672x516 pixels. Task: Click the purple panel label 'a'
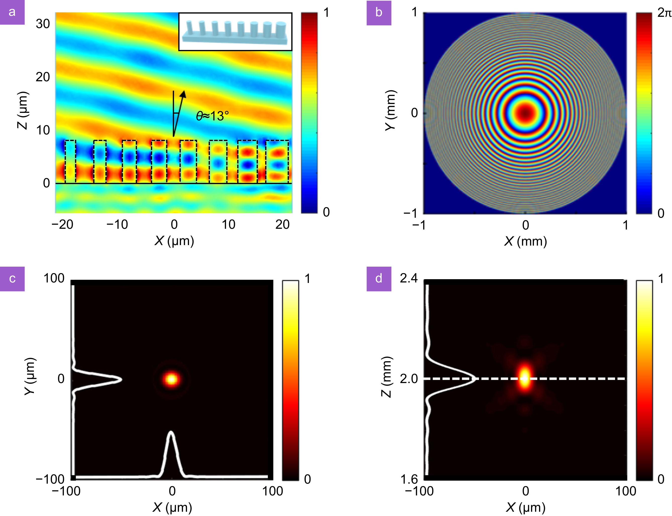[x=12, y=12]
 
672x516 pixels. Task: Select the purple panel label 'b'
[x=379, y=13]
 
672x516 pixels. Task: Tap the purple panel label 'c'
[x=12, y=279]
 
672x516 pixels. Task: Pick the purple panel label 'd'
[x=379, y=279]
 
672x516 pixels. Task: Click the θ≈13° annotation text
[x=212, y=116]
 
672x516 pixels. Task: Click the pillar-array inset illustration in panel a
[x=235, y=32]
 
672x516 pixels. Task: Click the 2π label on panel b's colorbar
[x=664, y=13]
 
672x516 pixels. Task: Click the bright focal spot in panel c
[x=171, y=379]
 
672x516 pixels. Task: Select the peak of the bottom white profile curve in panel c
[x=171, y=432]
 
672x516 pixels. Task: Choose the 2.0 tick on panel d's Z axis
[x=409, y=379]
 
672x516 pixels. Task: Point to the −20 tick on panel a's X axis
[x=62, y=225]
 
